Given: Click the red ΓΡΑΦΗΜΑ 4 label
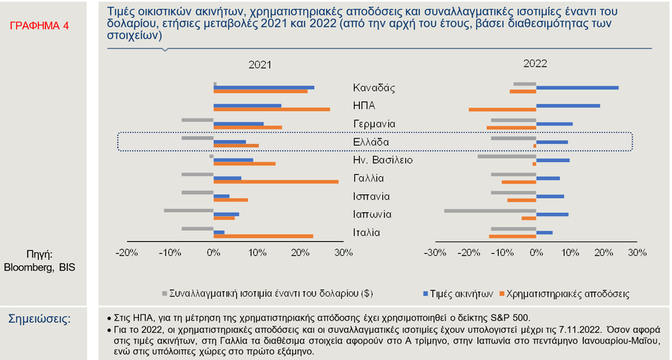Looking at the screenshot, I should (40, 25).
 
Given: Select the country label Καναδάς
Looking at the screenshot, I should (374, 87).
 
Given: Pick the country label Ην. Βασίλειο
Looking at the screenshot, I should (382, 160).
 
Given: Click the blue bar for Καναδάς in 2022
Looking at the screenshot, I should (576, 87).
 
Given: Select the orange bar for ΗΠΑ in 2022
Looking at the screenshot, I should (502, 110).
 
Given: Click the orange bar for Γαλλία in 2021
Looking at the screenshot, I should (276, 181).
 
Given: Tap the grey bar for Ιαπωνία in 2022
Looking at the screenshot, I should (490, 211).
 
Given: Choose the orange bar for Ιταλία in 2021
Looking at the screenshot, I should (263, 236).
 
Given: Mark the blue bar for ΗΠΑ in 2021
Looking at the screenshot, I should (247, 105).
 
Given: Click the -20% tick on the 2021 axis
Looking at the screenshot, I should (127, 253).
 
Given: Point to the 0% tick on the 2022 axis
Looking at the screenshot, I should (535, 253).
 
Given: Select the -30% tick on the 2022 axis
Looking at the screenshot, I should (434, 253).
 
